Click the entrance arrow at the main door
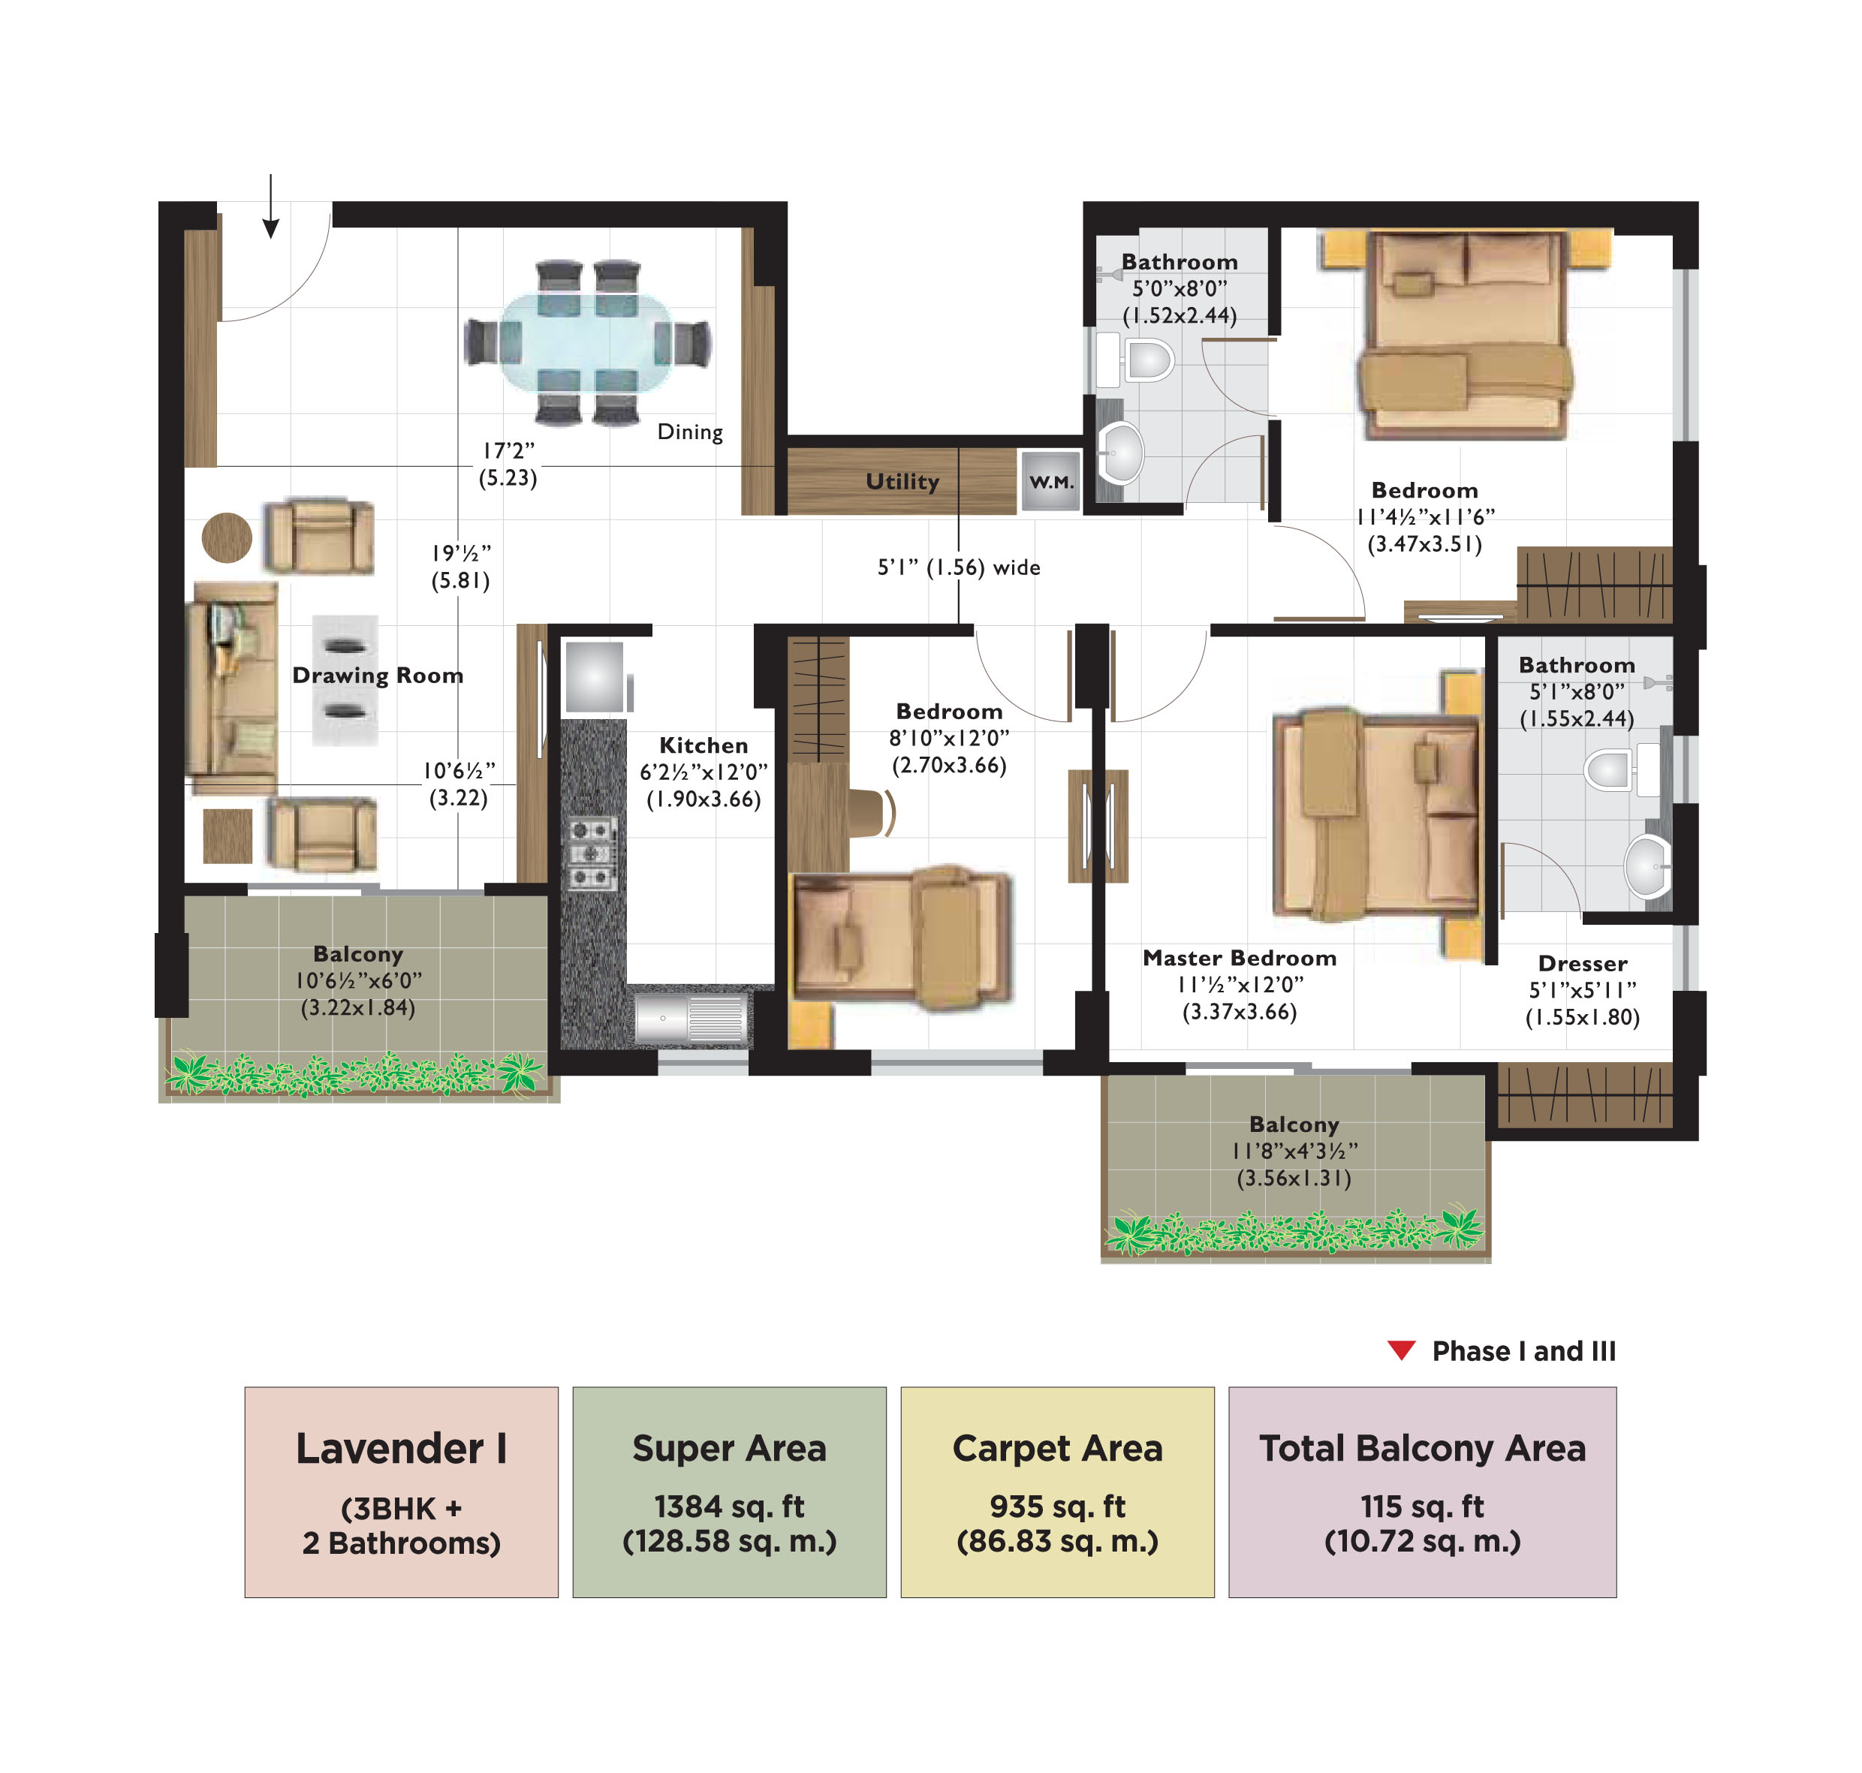(x=270, y=208)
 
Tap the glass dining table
(x=587, y=342)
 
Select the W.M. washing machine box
(x=1050, y=481)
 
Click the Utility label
(x=902, y=482)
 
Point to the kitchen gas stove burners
(x=592, y=853)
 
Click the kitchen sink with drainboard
(x=689, y=1019)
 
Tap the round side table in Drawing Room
(x=227, y=537)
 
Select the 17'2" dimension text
(x=508, y=451)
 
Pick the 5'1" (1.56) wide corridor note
(x=959, y=567)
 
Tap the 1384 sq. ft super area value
(x=729, y=1507)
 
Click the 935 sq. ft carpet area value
(x=1056, y=1507)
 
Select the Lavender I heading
(x=401, y=1449)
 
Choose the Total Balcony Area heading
(x=1421, y=1449)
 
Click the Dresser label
(x=1581, y=964)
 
